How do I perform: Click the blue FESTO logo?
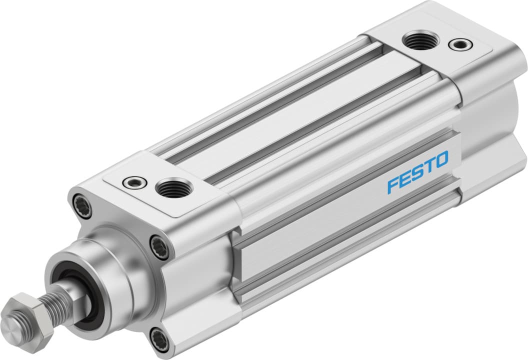(418, 173)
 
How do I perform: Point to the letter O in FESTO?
(441, 161)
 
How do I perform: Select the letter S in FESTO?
(417, 173)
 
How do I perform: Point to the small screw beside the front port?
(133, 182)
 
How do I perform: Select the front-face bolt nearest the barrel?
(160, 247)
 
